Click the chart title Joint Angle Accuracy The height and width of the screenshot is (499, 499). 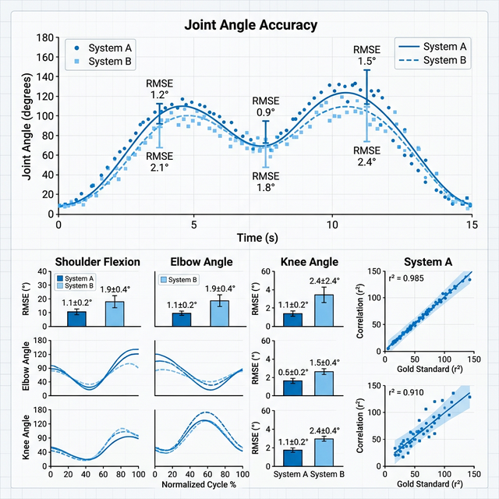click(250, 25)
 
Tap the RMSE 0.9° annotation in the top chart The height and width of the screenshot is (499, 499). click(265, 107)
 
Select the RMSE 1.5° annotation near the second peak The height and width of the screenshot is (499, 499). click(366, 55)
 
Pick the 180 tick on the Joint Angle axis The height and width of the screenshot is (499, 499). click(45, 37)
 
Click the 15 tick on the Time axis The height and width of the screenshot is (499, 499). click(471, 225)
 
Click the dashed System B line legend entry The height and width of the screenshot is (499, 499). click(433, 60)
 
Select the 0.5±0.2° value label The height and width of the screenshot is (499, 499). click(292, 372)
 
